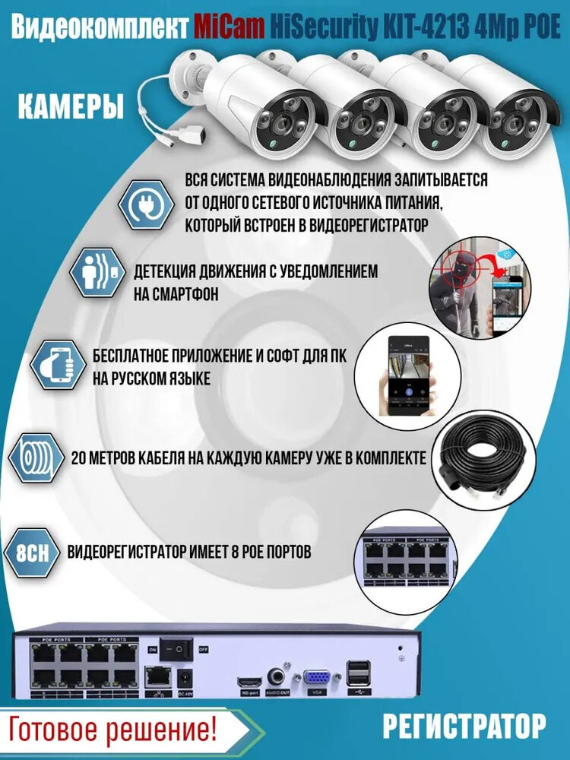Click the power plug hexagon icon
pyautogui.click(x=144, y=204)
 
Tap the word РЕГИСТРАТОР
pyautogui.click(x=464, y=726)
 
